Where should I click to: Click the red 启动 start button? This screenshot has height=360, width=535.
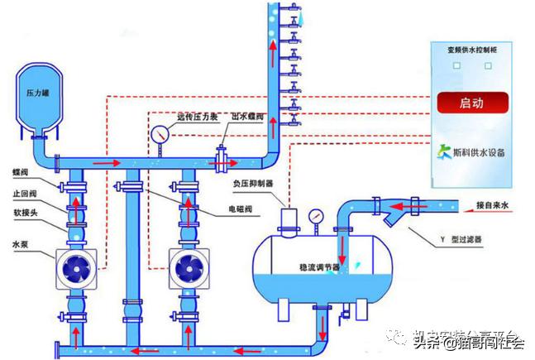(x=472, y=103)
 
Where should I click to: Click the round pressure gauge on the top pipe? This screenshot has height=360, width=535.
(x=158, y=133)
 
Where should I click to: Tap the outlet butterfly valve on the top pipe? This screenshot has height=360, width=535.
(x=221, y=156)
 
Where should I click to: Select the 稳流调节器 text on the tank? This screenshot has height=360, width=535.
(x=318, y=268)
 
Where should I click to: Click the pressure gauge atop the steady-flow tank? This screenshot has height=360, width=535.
(x=315, y=216)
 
